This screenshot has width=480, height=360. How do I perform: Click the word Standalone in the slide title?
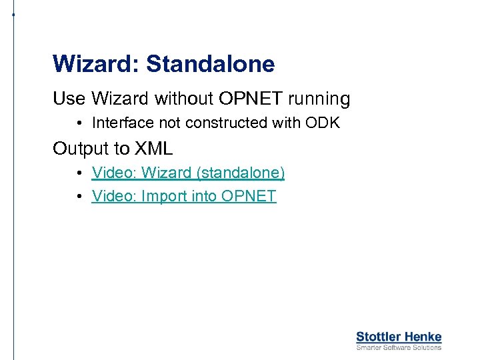210,64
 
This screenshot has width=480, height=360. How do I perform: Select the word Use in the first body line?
69,99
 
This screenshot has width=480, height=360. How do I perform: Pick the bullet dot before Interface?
79,123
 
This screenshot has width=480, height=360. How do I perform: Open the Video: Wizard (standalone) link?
188,173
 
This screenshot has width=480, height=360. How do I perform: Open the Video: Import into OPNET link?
184,196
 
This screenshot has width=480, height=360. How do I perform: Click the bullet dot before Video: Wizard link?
79,173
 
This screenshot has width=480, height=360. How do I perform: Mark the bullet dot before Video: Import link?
79,196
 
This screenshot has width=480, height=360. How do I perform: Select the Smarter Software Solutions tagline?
399,347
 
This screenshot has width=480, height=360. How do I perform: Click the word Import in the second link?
164,196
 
